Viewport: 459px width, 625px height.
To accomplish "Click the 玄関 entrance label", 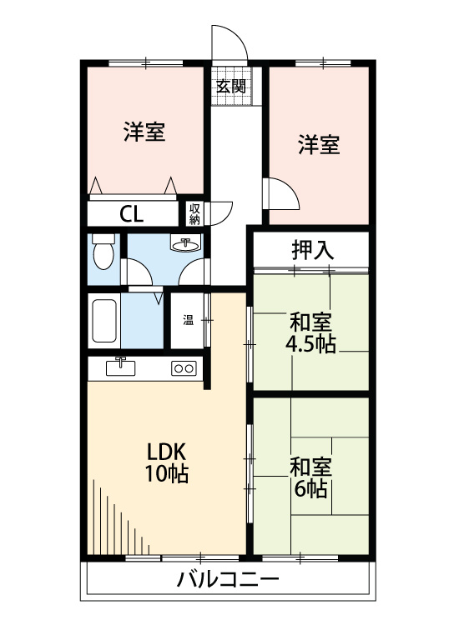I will pos(231,85).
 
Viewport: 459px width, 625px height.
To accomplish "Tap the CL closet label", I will pos(131,214).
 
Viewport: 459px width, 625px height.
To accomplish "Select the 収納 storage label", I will pos(194,214).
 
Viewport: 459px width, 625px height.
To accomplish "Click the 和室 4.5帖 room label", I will pos(312,332).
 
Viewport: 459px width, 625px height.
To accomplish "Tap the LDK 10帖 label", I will pos(167,463).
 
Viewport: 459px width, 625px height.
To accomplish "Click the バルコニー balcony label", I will pos(227,580).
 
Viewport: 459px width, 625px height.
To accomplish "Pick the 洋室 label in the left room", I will pos(144,132).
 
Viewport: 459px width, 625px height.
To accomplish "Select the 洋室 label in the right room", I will pos(319,144).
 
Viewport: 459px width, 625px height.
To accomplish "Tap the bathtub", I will pos(103,321).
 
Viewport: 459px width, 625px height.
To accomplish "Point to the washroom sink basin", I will pos(185,244).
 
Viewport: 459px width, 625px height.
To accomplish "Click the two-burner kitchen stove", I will pos(184,367).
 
